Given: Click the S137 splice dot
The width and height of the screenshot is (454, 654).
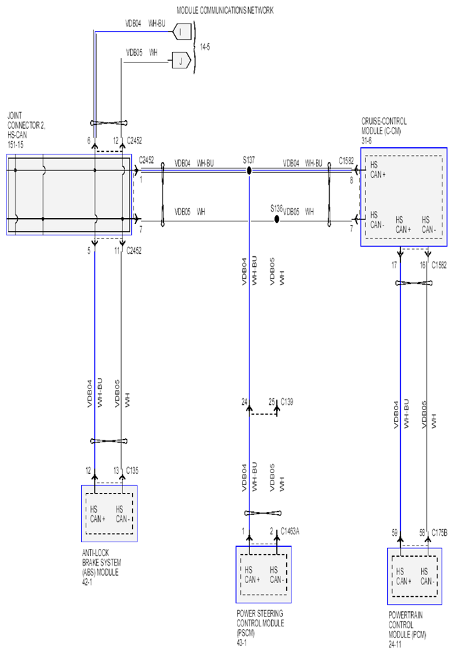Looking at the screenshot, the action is pos(249,171).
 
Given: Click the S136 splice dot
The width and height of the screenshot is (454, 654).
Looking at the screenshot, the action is pos(276,220).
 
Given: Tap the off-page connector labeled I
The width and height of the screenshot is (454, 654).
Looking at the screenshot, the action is pos(182,32).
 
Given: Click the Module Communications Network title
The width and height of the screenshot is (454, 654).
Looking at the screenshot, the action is pos(225,10).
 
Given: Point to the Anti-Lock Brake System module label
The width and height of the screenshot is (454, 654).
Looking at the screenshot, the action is pos(101,567).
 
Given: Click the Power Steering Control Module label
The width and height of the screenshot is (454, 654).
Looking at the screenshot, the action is pos(260,628).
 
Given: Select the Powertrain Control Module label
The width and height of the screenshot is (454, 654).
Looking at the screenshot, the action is pos(407,630).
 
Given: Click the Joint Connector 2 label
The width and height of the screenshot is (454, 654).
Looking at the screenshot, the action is pos(26,129).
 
